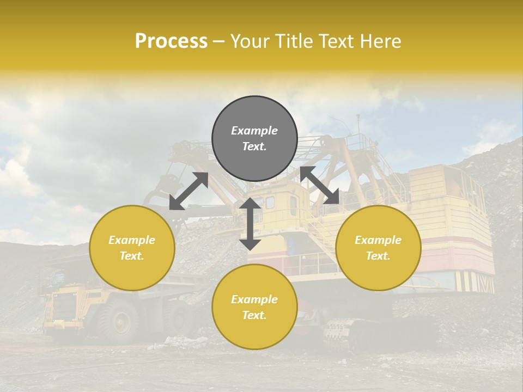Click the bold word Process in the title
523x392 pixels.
171,41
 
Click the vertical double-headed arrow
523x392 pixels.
250,224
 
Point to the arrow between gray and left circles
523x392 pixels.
188,191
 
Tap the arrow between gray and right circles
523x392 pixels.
320,186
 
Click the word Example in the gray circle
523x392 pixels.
254,131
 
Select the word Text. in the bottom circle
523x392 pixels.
254,315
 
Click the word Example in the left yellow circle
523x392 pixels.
132,240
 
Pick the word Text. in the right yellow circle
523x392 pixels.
378,256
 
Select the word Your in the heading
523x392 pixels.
248,41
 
